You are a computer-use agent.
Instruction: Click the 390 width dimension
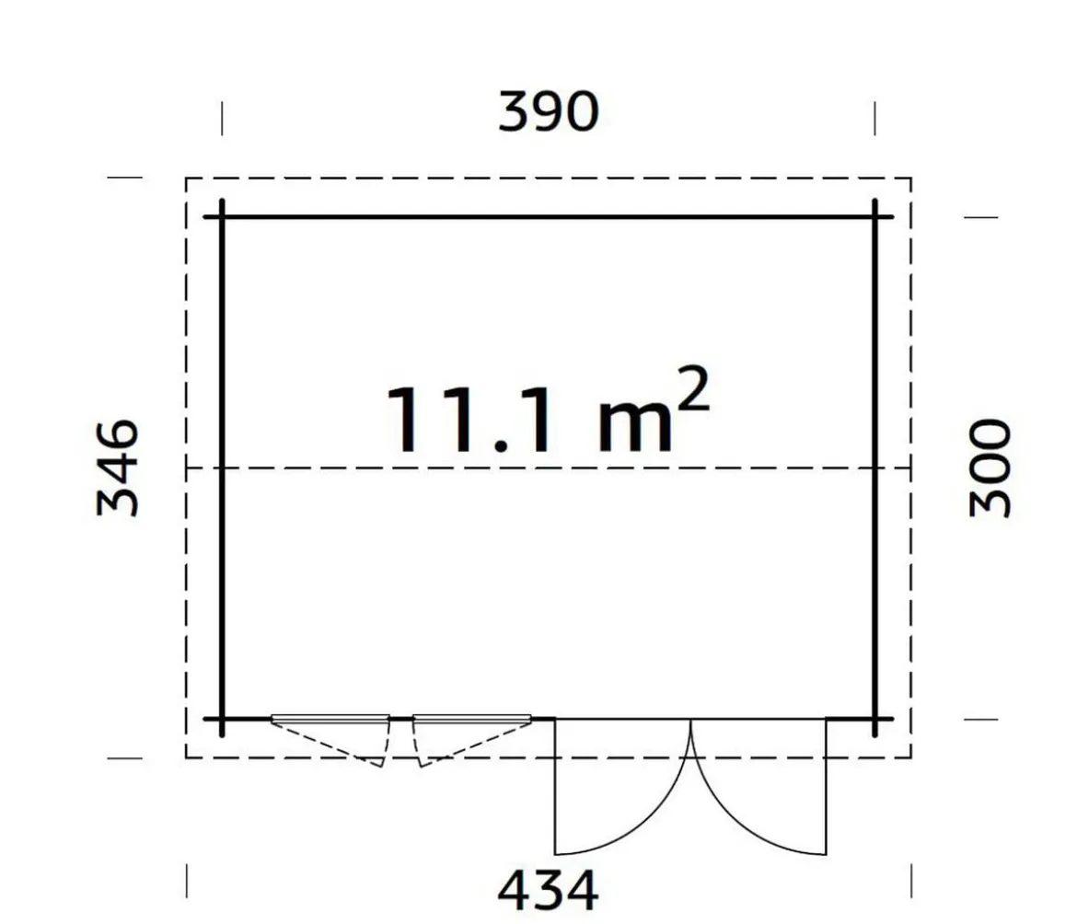coord(548,112)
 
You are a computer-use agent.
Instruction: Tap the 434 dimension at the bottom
coord(548,890)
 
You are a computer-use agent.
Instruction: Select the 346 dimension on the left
coord(118,468)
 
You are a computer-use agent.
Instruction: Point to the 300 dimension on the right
coord(990,468)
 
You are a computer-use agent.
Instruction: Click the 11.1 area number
coord(469,421)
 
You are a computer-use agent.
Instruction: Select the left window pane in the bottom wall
coord(330,719)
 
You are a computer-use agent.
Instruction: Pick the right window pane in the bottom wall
coord(472,719)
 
